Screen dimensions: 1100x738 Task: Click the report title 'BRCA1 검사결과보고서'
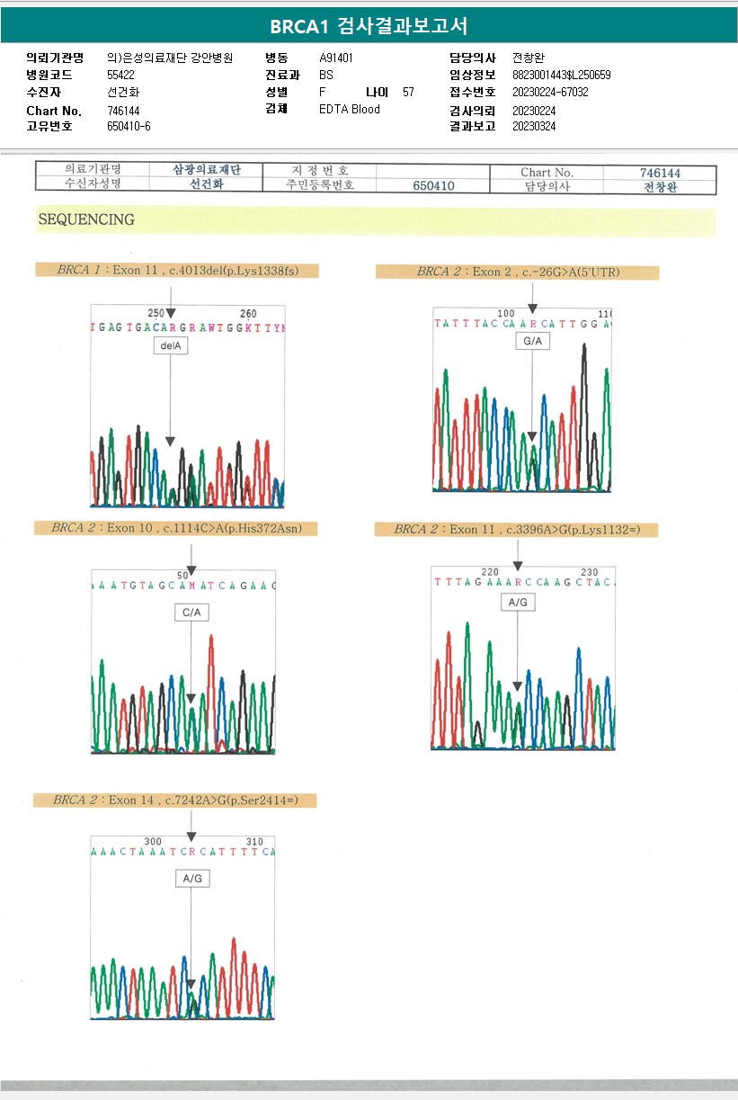click(369, 25)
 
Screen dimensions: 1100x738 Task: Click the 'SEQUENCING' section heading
click(86, 219)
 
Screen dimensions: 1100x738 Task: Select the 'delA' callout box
click(170, 346)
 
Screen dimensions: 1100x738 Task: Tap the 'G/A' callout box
click(531, 342)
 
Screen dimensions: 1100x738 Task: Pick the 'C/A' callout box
click(191, 613)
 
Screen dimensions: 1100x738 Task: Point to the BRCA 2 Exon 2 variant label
click(517, 272)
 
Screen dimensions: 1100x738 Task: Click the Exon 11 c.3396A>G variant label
click(516, 530)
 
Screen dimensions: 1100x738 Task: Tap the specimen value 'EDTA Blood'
click(350, 110)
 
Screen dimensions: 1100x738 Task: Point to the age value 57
click(409, 92)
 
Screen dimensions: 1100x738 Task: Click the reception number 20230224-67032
click(550, 92)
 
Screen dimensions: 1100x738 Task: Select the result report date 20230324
click(534, 126)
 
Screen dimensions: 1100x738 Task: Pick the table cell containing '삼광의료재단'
click(206, 170)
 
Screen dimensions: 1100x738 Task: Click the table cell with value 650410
click(433, 185)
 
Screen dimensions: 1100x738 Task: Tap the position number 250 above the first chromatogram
click(156, 313)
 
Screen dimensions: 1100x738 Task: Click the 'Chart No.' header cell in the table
click(547, 172)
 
